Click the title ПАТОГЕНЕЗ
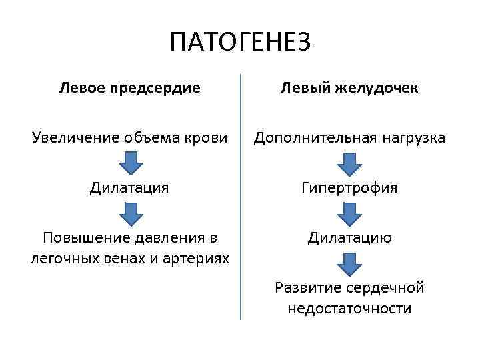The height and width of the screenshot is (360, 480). coord(240,43)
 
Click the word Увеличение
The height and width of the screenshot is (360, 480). coord(70,137)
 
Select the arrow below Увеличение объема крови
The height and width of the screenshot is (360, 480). coord(130,162)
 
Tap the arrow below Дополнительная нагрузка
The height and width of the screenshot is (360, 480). coord(349,162)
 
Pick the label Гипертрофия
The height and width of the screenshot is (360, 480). coord(349,188)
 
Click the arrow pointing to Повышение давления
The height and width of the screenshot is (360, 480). coord(130,213)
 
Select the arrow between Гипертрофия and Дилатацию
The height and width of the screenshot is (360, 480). coord(349,213)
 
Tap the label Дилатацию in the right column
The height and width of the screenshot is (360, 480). coord(349,237)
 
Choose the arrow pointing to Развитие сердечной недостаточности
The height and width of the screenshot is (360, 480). coord(349,263)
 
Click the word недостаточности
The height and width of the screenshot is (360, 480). coord(349,308)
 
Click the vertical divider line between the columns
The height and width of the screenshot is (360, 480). coord(240,200)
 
